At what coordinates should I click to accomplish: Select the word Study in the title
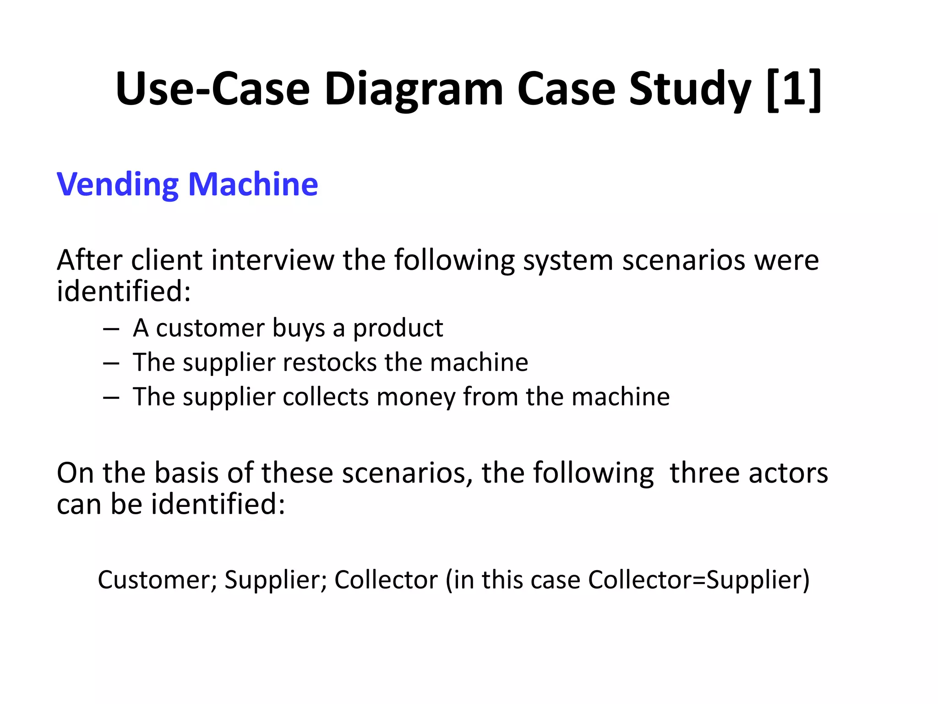(690, 89)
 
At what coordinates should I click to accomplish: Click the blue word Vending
(117, 185)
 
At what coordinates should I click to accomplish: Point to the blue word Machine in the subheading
(253, 184)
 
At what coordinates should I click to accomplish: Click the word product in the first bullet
(398, 329)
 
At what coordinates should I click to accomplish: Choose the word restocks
(330, 363)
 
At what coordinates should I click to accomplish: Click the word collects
(326, 396)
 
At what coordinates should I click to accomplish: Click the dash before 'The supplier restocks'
(111, 363)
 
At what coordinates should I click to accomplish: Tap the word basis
(186, 473)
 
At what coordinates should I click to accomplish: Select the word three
(705, 473)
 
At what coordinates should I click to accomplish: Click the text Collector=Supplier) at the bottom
(699, 580)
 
